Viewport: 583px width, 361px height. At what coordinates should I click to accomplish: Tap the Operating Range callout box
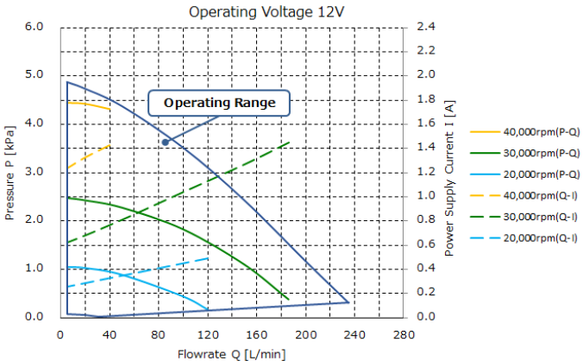[x=219, y=104]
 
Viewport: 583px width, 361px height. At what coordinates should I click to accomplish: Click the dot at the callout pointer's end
[x=165, y=142]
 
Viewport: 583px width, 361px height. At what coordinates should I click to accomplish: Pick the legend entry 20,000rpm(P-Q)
[x=525, y=174]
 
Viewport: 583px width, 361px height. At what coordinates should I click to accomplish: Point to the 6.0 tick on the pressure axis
[x=34, y=27]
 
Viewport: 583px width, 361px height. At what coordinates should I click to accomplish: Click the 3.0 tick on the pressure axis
[x=34, y=172]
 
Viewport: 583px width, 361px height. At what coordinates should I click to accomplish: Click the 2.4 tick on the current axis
[x=426, y=27]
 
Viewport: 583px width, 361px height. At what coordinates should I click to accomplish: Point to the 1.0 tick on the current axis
[x=426, y=196]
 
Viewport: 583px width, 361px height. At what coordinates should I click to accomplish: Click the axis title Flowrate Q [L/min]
[x=231, y=352]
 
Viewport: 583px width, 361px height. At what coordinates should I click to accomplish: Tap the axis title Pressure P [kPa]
[x=10, y=172]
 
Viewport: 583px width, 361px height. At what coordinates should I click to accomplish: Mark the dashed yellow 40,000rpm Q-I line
[x=89, y=155]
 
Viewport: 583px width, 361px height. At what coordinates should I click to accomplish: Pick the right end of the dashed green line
[x=290, y=142]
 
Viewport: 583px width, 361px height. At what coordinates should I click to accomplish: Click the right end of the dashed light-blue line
[x=208, y=258]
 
